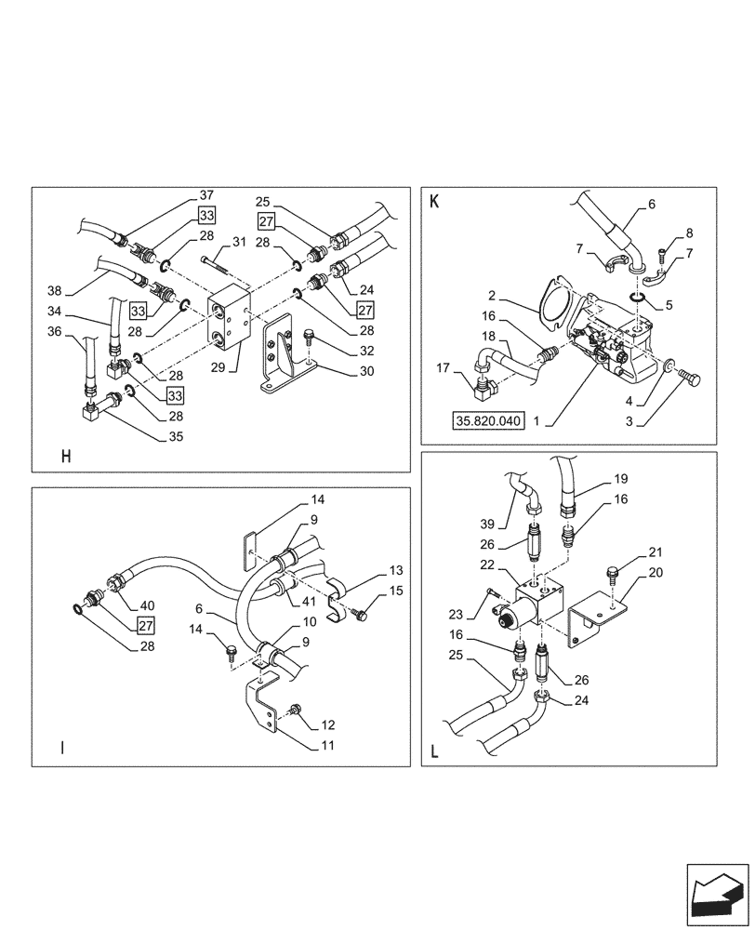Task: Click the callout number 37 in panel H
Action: pyautogui.click(x=205, y=195)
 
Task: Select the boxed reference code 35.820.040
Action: pyautogui.click(x=489, y=420)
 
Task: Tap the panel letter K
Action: pyautogui.click(x=433, y=201)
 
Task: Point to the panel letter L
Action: pyautogui.click(x=433, y=751)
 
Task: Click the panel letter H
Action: pyautogui.click(x=65, y=456)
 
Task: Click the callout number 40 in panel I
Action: pyautogui.click(x=147, y=603)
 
